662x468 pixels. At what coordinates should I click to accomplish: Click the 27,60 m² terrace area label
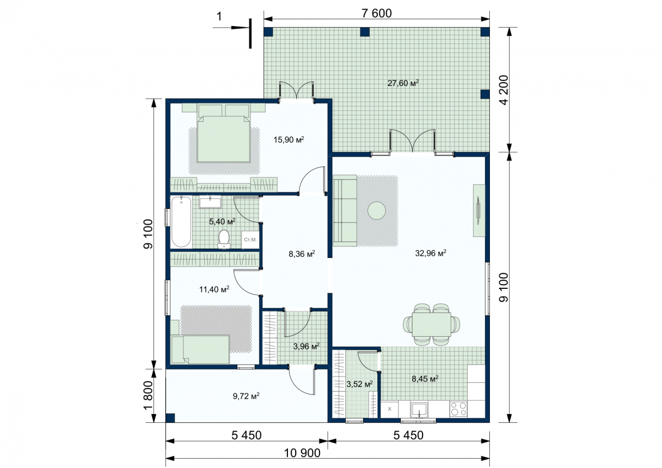[403, 83]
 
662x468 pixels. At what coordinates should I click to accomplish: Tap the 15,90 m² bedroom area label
[289, 139]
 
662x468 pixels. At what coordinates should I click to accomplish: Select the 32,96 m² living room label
[431, 253]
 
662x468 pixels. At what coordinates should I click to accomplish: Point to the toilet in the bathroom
[224, 239]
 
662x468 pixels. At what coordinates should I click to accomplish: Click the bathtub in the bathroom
[181, 222]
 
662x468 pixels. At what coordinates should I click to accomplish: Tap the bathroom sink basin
[210, 202]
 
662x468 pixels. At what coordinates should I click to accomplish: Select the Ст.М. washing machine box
[250, 239]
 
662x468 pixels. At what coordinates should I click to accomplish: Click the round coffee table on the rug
[376, 211]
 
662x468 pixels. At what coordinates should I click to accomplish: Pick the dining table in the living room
[431, 324]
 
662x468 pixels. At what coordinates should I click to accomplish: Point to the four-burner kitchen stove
[458, 409]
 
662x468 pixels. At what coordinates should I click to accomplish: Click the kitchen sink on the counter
[419, 409]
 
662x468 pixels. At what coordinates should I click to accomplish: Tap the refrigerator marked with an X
[389, 409]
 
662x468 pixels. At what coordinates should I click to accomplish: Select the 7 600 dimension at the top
[376, 13]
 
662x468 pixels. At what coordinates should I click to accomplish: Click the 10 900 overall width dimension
[302, 453]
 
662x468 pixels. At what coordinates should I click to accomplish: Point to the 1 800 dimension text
[148, 396]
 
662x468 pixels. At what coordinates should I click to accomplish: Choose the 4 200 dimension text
[504, 90]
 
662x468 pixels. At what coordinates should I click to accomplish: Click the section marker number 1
[219, 17]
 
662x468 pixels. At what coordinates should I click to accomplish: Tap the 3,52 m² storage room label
[359, 384]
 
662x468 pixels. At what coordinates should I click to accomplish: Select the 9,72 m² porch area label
[246, 396]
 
